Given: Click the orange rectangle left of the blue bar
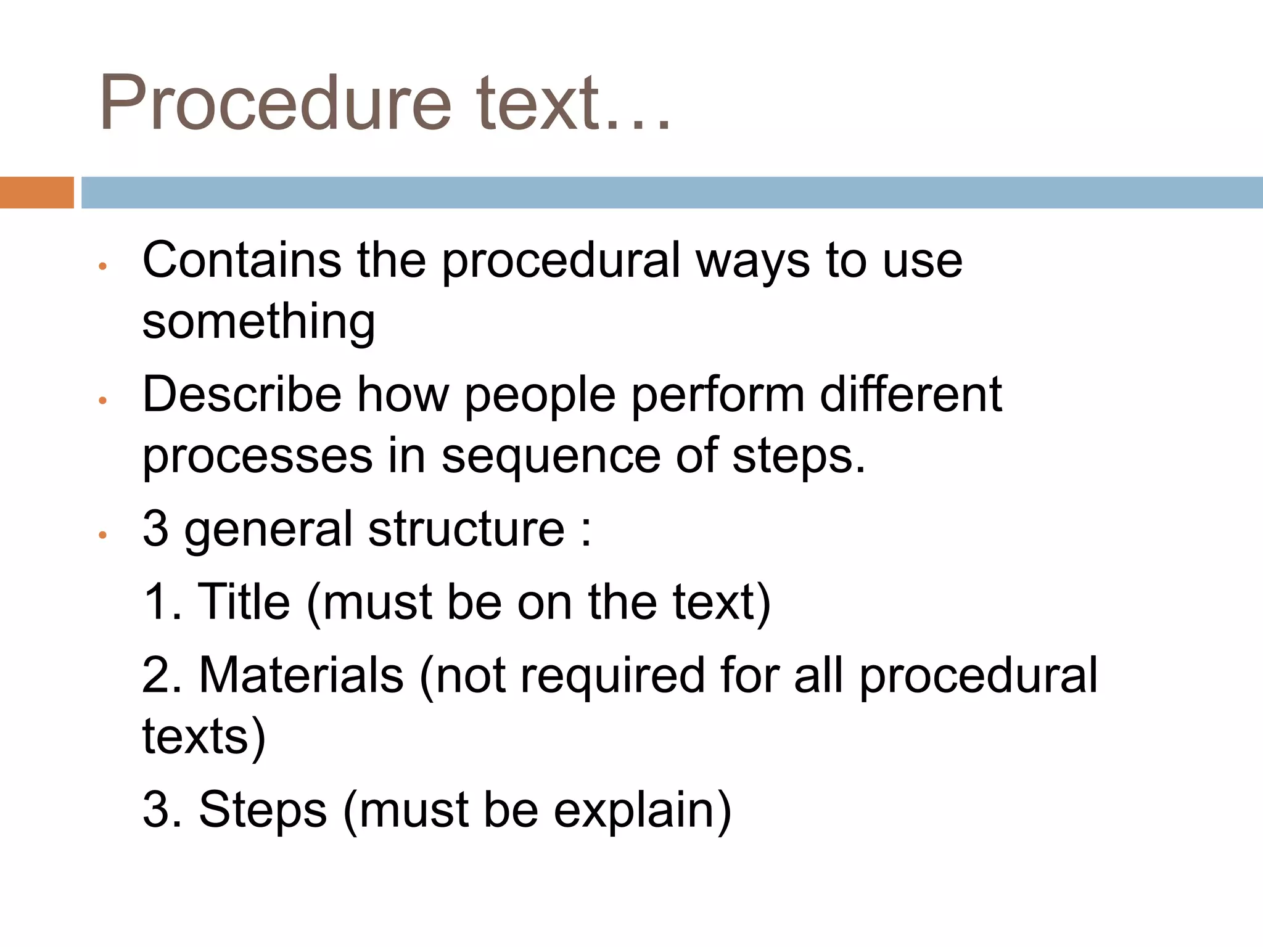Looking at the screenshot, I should (x=36, y=192).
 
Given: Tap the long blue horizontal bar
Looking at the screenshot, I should (x=672, y=192).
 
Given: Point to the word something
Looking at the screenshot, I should (x=258, y=322).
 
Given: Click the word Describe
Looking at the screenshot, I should (x=242, y=395).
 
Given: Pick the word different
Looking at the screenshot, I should (x=910, y=395).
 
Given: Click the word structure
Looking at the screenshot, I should (x=466, y=529).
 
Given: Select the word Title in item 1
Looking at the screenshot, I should (x=244, y=602).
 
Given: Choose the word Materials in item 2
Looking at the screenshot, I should (x=301, y=675).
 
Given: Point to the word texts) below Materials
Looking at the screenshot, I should (x=204, y=737).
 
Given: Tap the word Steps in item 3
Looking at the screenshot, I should (x=263, y=810).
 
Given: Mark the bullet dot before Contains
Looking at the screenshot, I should (x=103, y=266).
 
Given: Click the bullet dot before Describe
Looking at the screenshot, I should (x=103, y=401).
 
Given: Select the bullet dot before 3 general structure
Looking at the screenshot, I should (x=103, y=535).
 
